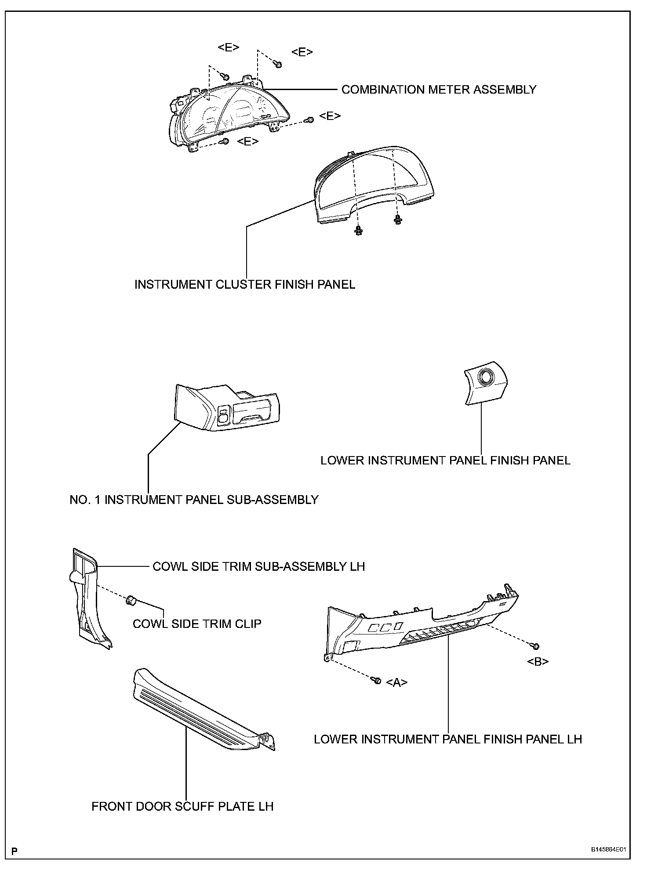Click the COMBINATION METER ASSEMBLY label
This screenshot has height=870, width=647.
point(439,90)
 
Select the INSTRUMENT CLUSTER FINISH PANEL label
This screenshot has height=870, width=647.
point(244,284)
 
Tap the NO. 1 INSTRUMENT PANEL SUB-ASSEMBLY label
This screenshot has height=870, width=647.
point(194,500)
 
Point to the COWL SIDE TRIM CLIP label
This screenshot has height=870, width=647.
point(197,623)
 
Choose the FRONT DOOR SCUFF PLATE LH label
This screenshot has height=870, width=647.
point(182,806)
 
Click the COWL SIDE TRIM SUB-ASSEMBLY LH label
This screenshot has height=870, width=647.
point(258,566)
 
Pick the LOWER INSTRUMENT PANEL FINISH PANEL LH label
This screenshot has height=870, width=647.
point(447,739)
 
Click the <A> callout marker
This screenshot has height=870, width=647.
point(396,682)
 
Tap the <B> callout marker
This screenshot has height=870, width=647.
point(538,661)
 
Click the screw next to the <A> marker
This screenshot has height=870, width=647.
point(377,680)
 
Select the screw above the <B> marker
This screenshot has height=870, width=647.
point(535,646)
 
